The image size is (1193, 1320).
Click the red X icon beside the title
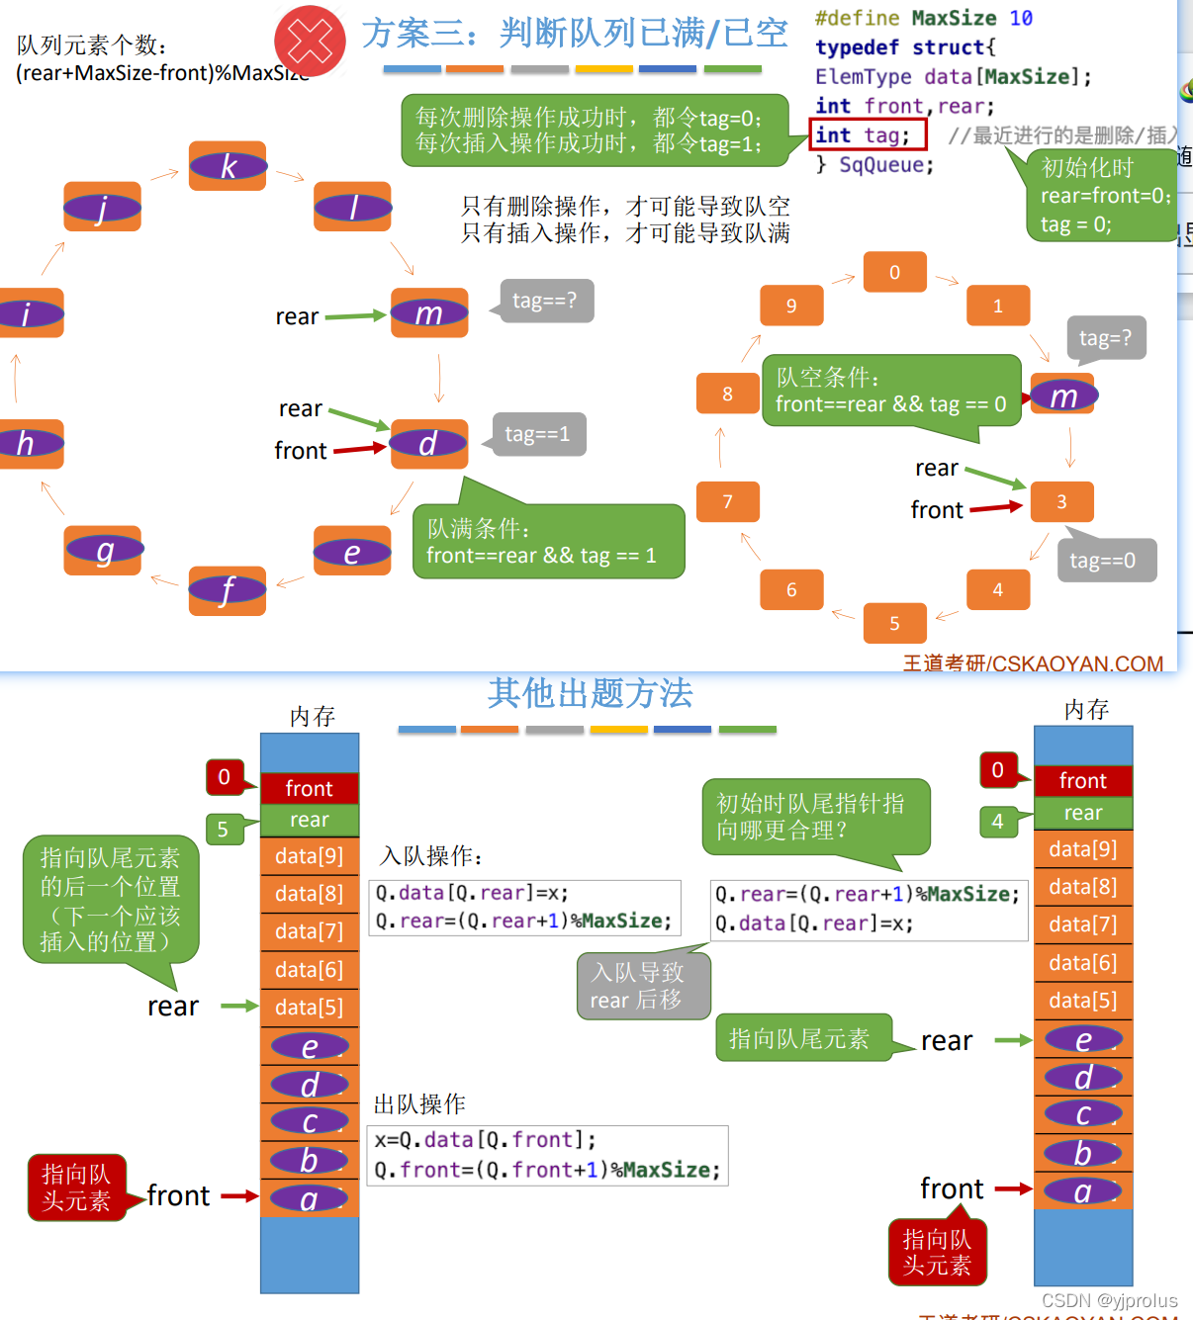point(310,41)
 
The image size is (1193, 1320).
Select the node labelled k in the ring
point(228,166)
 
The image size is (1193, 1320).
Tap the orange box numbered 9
point(791,306)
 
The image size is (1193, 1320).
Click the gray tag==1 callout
point(538,434)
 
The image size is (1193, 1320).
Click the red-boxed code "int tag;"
point(867,134)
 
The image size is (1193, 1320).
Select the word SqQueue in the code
point(885,164)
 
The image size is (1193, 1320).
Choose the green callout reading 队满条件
point(548,542)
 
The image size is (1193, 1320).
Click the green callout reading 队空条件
point(890,391)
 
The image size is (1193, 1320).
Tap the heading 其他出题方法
point(590,693)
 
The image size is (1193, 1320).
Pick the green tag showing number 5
point(223,829)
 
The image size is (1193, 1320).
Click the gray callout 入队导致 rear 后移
point(642,986)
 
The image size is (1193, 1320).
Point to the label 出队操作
point(419,1103)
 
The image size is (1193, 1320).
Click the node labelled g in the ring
point(104,550)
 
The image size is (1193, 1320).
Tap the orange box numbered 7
point(728,501)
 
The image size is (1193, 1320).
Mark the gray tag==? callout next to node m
point(544,301)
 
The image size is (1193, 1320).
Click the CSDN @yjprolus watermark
point(1109,1300)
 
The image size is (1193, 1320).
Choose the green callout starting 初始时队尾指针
point(815,817)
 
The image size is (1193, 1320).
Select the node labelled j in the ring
point(102,207)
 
